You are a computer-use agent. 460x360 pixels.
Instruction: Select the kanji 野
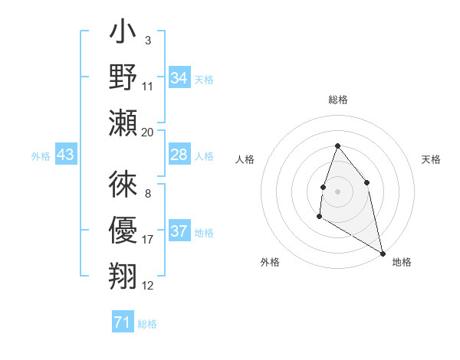123,77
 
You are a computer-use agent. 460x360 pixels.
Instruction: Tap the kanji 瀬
123,123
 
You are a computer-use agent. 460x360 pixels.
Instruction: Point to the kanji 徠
123,185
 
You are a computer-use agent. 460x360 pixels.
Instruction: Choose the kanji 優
123,231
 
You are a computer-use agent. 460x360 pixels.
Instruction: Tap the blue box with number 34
179,78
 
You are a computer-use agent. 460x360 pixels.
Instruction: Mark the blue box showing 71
122,322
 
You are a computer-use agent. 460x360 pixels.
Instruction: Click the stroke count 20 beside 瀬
148,132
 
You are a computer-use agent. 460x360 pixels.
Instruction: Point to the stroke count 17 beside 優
148,240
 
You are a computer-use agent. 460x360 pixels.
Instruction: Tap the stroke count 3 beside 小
147,39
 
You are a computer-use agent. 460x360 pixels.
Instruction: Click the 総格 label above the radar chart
337,100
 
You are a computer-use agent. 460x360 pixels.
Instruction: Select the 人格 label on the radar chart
245,159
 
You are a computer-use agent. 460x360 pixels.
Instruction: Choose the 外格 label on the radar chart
270,262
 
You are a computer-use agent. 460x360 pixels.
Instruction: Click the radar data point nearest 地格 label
383,254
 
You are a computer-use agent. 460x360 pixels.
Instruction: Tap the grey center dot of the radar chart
337,190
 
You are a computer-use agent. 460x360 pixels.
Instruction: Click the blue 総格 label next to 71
147,324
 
